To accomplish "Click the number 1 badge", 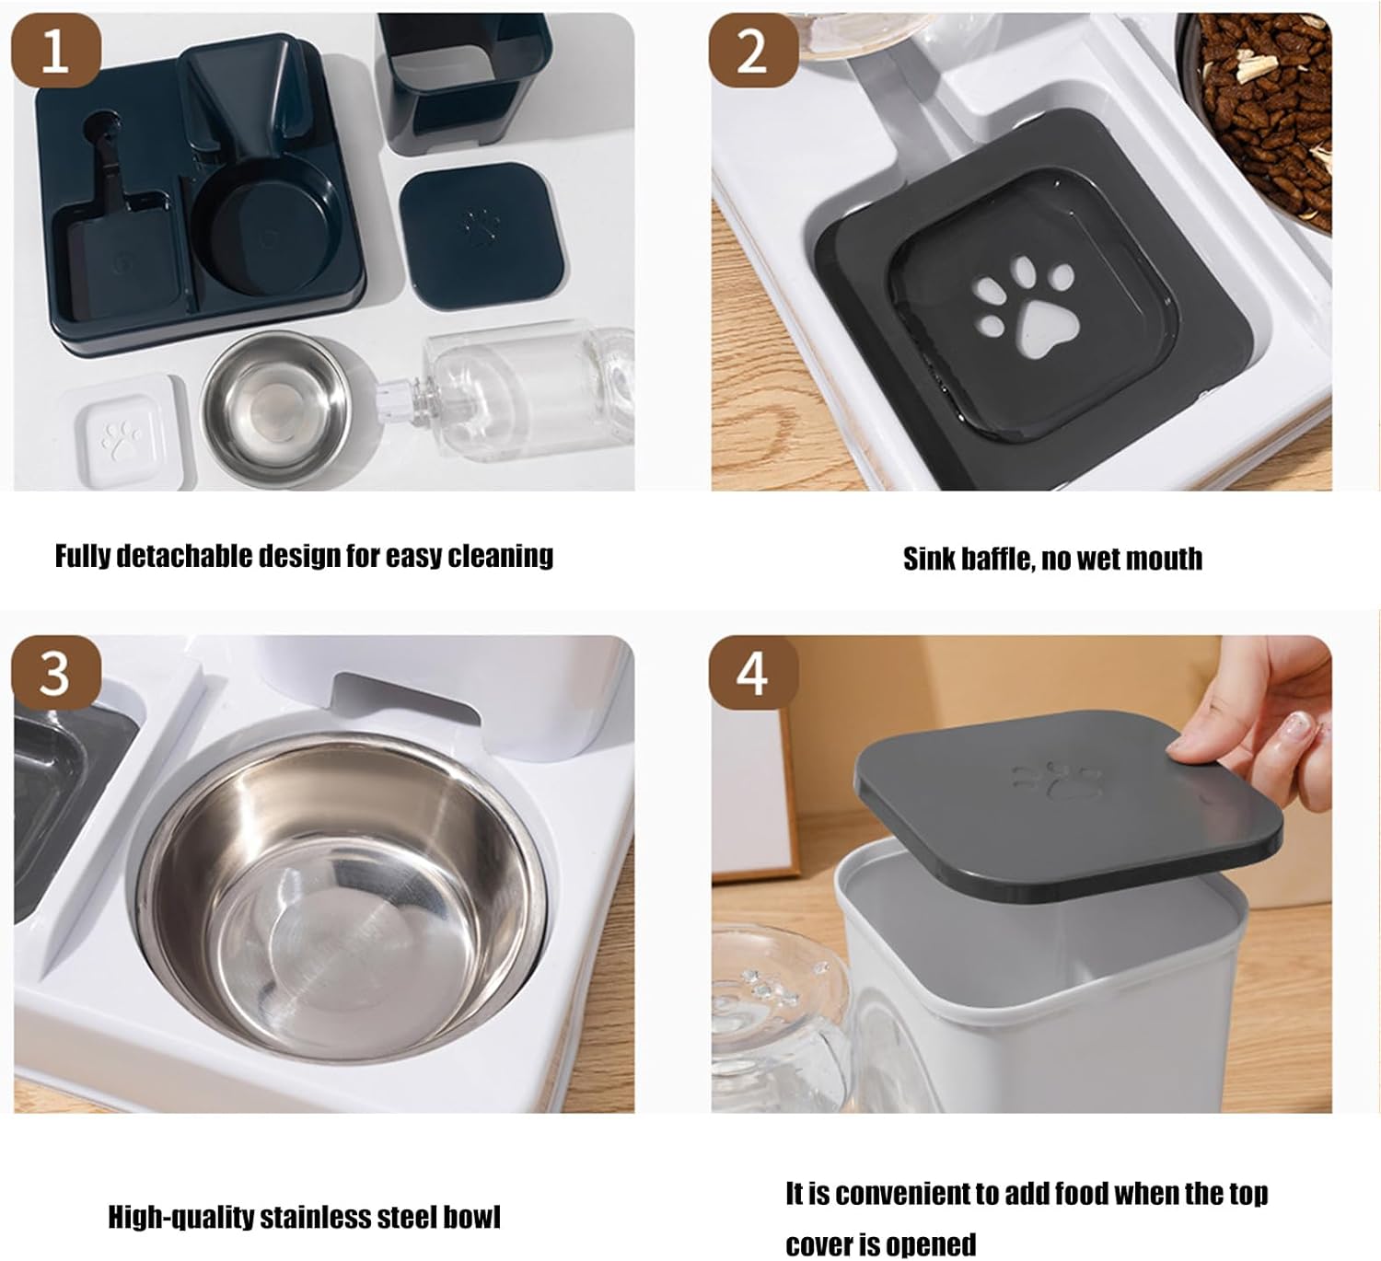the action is [x=56, y=51].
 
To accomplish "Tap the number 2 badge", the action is [x=754, y=51].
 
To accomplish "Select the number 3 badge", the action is [x=56, y=673].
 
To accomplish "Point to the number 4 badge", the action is [x=754, y=673].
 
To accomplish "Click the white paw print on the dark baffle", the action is [x=1024, y=307].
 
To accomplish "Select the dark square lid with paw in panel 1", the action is [x=482, y=236].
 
